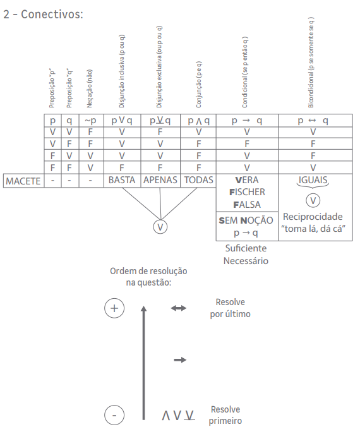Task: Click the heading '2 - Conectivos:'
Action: [x=43, y=14]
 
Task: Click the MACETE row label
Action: [x=23, y=181]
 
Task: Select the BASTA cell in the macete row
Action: [x=122, y=180]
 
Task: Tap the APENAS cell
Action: [x=160, y=180]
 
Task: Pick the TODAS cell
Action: [x=198, y=180]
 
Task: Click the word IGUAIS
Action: [x=313, y=180]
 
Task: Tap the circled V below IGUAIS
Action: [x=313, y=201]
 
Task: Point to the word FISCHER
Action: [x=247, y=192]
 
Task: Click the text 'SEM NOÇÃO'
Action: [x=246, y=220]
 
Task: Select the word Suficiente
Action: [x=246, y=248]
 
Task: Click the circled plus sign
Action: [x=114, y=308]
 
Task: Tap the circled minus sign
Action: [x=114, y=415]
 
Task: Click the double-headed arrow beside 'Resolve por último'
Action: [x=179, y=308]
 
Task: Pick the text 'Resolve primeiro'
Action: [x=225, y=415]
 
